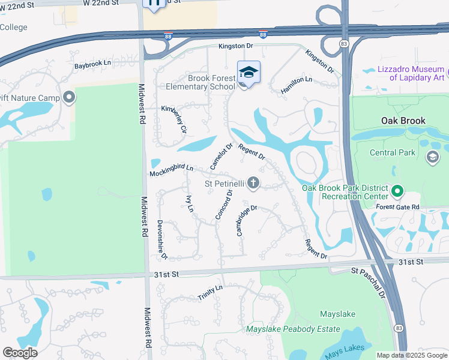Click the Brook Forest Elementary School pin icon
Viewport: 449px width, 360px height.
(249, 73)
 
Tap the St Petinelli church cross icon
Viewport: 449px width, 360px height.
(253, 183)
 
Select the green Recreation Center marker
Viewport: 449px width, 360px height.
(397, 192)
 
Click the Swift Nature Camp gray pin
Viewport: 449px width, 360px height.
(69, 97)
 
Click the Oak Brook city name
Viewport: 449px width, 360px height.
(403, 120)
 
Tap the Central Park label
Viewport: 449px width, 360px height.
(392, 152)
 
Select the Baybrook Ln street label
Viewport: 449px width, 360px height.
(93, 63)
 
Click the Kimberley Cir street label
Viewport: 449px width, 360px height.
(175, 119)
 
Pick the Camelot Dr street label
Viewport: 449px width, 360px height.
(221, 156)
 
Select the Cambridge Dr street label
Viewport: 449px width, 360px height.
(247, 220)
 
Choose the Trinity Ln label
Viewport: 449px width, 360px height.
(210, 293)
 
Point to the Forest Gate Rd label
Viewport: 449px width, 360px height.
(397, 207)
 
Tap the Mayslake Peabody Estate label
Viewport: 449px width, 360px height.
(293, 329)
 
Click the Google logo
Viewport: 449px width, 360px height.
(20, 353)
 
